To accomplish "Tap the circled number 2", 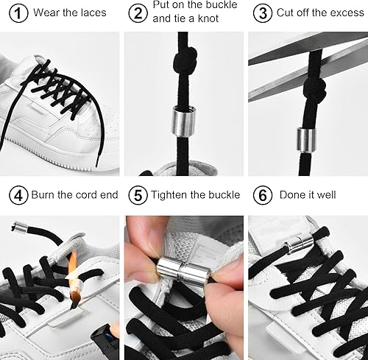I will click(x=138, y=13).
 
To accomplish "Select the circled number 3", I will click(x=261, y=13).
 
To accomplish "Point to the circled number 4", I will click(x=19, y=195).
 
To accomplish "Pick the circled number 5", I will click(x=138, y=195).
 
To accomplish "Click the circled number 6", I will click(x=261, y=195).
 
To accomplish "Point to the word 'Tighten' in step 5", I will click(x=173, y=195).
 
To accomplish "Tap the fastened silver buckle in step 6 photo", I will click(x=300, y=244).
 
